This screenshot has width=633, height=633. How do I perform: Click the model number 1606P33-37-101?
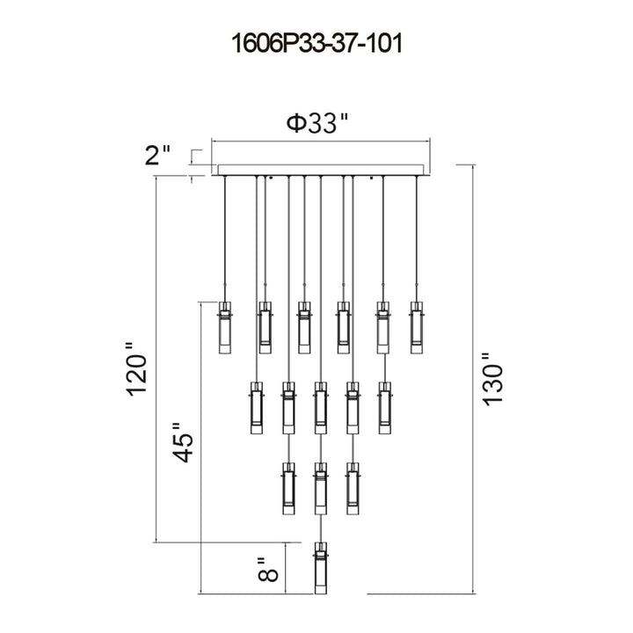[316, 43]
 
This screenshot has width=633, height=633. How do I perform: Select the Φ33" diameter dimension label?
[317, 123]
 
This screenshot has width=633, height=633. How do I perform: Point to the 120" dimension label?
[135, 369]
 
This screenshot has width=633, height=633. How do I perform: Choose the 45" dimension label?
[183, 442]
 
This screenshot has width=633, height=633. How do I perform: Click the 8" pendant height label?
[267, 569]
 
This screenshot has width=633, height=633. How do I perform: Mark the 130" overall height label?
[492, 379]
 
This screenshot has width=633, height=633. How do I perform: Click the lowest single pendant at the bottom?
[321, 568]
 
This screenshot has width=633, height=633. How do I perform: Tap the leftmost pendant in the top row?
[224, 327]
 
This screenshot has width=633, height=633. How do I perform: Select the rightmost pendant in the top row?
[417, 327]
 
